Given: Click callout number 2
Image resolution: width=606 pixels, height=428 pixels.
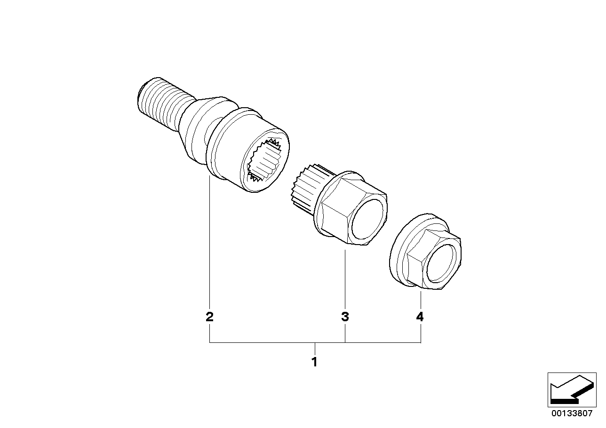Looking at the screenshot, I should click(x=209, y=317).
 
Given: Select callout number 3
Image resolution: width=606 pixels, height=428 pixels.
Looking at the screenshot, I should click(x=345, y=317).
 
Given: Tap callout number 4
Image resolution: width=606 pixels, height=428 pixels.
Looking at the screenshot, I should click(x=420, y=317).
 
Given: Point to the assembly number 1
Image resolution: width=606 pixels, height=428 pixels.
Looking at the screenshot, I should click(x=314, y=362).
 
